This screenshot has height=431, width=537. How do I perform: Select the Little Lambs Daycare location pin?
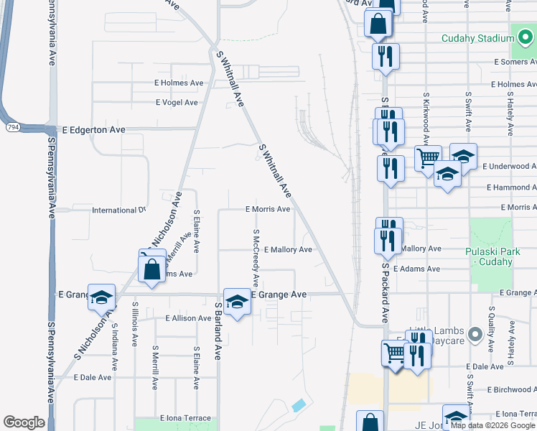click(474, 335)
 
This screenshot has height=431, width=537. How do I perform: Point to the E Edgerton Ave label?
click(93, 130)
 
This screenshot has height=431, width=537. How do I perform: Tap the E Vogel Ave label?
click(177, 102)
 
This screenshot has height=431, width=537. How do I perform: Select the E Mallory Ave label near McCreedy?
click(288, 249)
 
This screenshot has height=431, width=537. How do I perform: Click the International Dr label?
click(118, 210)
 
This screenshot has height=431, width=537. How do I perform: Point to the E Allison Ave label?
click(188, 318)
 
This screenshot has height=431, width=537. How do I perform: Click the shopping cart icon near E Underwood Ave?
click(428, 157)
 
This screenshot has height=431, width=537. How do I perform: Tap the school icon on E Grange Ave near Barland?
click(236, 301)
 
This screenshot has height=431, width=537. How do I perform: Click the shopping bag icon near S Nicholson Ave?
click(152, 270)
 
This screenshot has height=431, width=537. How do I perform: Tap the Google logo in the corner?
click(24, 422)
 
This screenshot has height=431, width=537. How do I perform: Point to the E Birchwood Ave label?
click(510, 389)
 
